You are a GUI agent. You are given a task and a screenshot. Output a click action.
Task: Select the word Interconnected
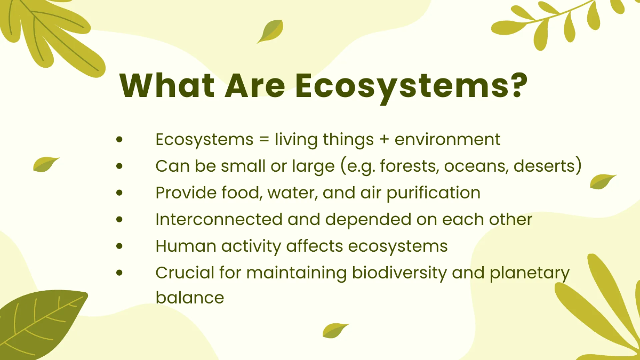coord(218,219)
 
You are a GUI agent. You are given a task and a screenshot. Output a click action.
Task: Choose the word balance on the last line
coord(189,298)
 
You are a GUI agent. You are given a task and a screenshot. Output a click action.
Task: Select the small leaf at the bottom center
coord(335,330)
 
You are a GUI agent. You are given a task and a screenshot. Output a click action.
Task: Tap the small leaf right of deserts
coord(603,181)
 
